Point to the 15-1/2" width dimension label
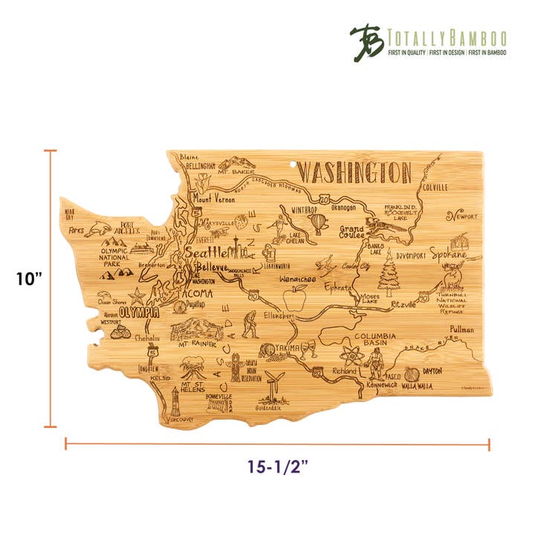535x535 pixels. tap(278, 467)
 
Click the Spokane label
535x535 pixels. tap(453, 255)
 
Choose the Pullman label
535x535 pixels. tap(462, 328)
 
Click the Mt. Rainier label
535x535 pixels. tap(198, 345)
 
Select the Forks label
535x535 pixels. tap(76, 231)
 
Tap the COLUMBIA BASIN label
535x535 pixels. tap(377, 341)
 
